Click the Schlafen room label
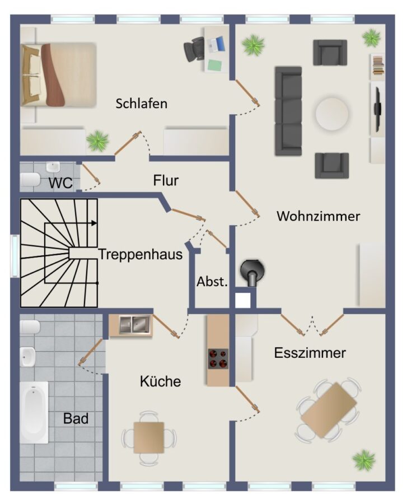pyautogui.click(x=141, y=104)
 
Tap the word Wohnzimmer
pyautogui.click(x=318, y=216)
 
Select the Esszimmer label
pyautogui.click(x=310, y=353)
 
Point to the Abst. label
pyautogui.click(x=212, y=282)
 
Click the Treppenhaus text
pyautogui.click(x=141, y=254)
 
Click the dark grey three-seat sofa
pyautogui.click(x=288, y=111)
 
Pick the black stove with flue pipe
pyautogui.click(x=252, y=272)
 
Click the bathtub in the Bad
pyautogui.click(x=34, y=413)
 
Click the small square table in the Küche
pyautogui.click(x=149, y=438)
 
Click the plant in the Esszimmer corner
pyautogui.click(x=364, y=460)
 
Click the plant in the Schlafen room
pyautogui.click(x=98, y=140)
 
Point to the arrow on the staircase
pyautogui.click(x=93, y=223)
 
